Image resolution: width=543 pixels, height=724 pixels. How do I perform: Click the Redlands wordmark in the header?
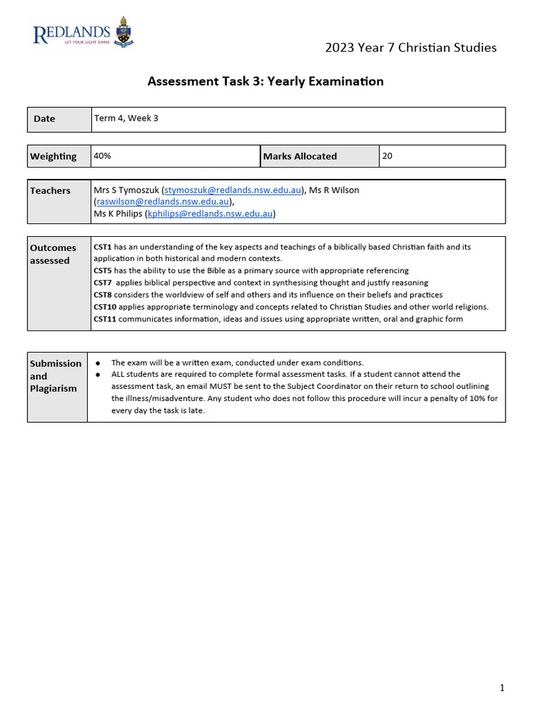(72, 33)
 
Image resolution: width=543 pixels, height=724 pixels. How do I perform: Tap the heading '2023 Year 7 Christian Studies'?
(410, 47)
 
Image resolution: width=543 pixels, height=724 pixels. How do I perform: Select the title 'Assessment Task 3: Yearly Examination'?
(265, 81)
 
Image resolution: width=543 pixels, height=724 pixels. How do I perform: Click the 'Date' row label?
(44, 119)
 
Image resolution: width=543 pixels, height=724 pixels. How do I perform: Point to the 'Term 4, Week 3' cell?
(126, 118)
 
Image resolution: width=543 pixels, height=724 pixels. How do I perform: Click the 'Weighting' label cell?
(53, 156)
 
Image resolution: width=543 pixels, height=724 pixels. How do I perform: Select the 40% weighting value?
(103, 156)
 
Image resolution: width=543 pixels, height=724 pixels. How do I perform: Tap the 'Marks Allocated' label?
(300, 156)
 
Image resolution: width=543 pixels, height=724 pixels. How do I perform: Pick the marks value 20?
(387, 156)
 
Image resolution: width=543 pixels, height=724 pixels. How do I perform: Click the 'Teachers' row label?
(50, 190)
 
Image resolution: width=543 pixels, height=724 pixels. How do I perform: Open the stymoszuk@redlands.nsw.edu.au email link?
(233, 190)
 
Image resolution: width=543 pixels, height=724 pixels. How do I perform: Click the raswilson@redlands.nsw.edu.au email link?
(163, 202)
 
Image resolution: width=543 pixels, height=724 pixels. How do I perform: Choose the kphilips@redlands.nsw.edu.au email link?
(210, 214)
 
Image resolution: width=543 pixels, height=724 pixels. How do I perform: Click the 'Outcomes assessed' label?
(53, 254)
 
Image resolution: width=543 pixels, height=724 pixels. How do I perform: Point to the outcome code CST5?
(103, 271)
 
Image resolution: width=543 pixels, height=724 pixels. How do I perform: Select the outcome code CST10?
(105, 307)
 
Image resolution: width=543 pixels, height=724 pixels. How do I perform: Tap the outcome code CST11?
(105, 319)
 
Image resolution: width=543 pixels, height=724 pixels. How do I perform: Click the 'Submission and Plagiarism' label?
(55, 375)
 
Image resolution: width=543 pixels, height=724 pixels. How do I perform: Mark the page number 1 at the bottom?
(502, 688)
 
